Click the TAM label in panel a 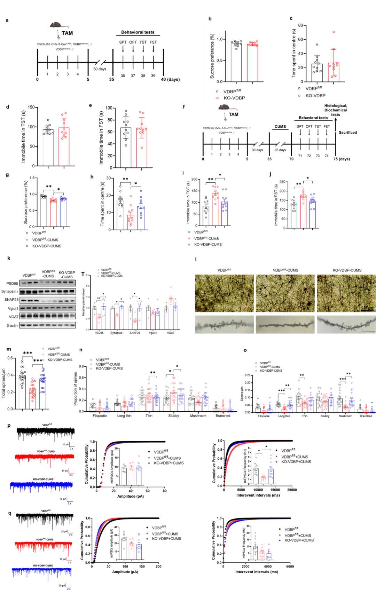67,33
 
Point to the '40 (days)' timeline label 170,79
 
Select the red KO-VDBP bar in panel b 252,63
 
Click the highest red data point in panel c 334,32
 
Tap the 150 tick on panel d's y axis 31,107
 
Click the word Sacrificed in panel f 347,133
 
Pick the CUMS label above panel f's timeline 280,127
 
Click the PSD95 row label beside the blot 12,284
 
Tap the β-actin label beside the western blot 12,326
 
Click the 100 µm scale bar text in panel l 367,308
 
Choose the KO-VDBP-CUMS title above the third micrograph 347,270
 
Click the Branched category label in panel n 223,416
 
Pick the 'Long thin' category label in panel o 284,416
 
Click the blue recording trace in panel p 42,485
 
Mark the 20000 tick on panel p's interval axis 292,490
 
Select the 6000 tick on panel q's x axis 290,567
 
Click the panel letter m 9,349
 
